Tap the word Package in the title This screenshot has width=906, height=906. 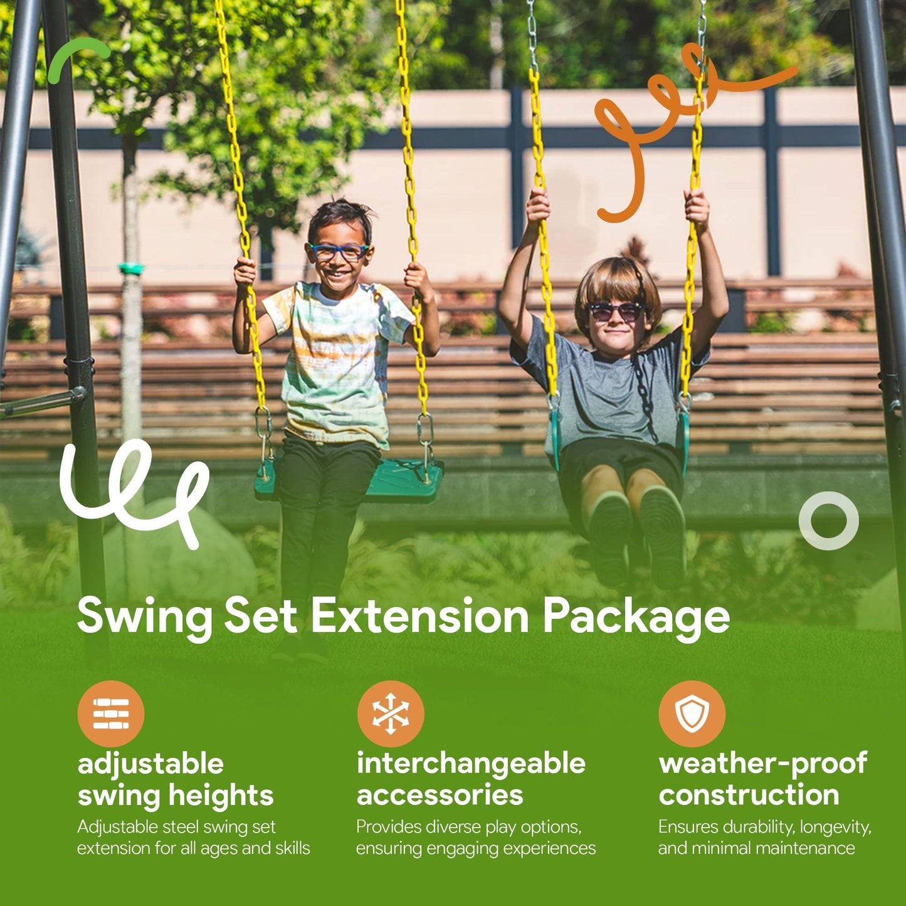coord(636,618)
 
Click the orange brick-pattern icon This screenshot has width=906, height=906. coord(111,714)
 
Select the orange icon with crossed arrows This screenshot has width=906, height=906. coord(391,714)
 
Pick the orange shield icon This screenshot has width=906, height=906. coord(692,714)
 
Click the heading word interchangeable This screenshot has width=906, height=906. coord(471,764)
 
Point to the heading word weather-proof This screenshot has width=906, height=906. coord(762,764)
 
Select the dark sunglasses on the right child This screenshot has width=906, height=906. coord(616,311)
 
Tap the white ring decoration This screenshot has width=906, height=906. coord(828,520)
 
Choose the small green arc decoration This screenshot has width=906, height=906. coord(76,56)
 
